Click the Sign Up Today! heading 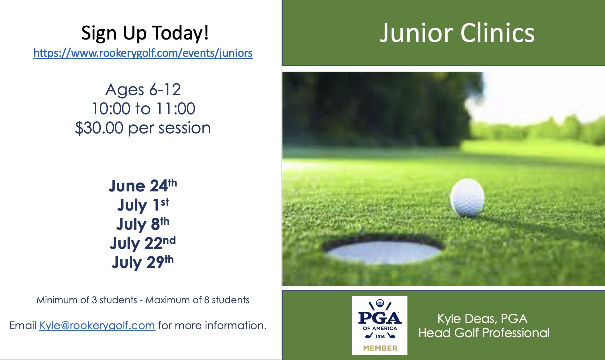145,33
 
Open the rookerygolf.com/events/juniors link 143,53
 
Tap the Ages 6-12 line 143,90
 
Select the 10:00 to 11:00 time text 144,109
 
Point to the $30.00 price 99,128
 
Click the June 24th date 143,186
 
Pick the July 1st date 143,205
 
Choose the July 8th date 143,224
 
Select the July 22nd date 143,243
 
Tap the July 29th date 143,262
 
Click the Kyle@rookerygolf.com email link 97,325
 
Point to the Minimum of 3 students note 87,300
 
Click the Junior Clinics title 457,33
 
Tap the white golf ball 467,197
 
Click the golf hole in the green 384,250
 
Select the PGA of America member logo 380,325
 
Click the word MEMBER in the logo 380,348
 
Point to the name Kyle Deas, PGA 482,319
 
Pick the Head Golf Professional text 484,333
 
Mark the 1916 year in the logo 380,337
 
